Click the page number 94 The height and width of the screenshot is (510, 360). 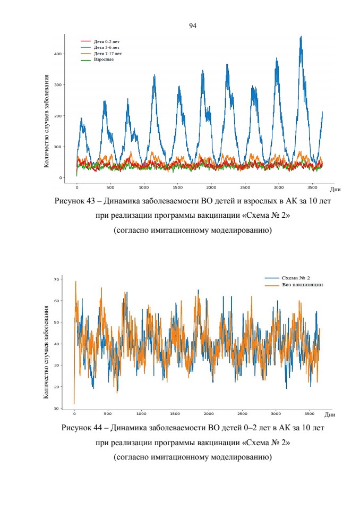(193, 25)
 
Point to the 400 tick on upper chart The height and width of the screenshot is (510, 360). (57, 54)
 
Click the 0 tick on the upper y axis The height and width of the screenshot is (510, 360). (60, 178)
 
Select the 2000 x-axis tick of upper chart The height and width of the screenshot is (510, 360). (211, 188)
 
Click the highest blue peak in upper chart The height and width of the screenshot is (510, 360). (301, 37)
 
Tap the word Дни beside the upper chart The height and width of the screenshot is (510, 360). (335, 189)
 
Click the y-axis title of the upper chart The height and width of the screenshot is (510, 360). (47, 121)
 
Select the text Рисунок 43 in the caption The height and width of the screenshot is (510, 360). (74, 201)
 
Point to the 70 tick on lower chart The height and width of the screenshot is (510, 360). (57, 279)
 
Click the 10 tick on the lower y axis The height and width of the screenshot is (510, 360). (57, 408)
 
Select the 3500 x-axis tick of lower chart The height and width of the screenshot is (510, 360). (309, 414)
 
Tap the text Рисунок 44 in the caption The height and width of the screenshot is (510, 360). (82, 428)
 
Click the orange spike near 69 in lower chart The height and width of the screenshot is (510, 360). (76, 282)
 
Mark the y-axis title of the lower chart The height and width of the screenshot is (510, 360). (46, 352)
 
